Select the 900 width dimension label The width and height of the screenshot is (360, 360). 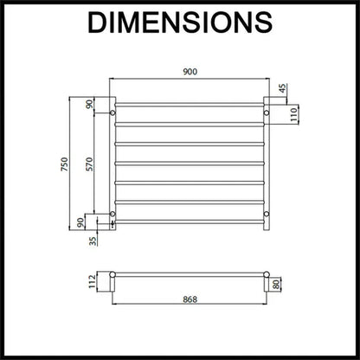click(x=188, y=73)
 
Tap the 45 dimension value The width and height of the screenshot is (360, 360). click(x=282, y=88)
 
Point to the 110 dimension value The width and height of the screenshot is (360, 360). click(x=293, y=112)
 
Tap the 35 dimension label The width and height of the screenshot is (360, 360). click(x=92, y=241)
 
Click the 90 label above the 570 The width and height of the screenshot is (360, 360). click(x=87, y=105)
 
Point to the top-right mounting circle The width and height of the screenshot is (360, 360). click(x=267, y=112)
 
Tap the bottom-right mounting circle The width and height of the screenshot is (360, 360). click(x=267, y=213)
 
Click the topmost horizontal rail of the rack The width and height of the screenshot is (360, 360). click(x=189, y=105)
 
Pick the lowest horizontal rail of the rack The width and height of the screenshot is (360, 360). click(x=189, y=222)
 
